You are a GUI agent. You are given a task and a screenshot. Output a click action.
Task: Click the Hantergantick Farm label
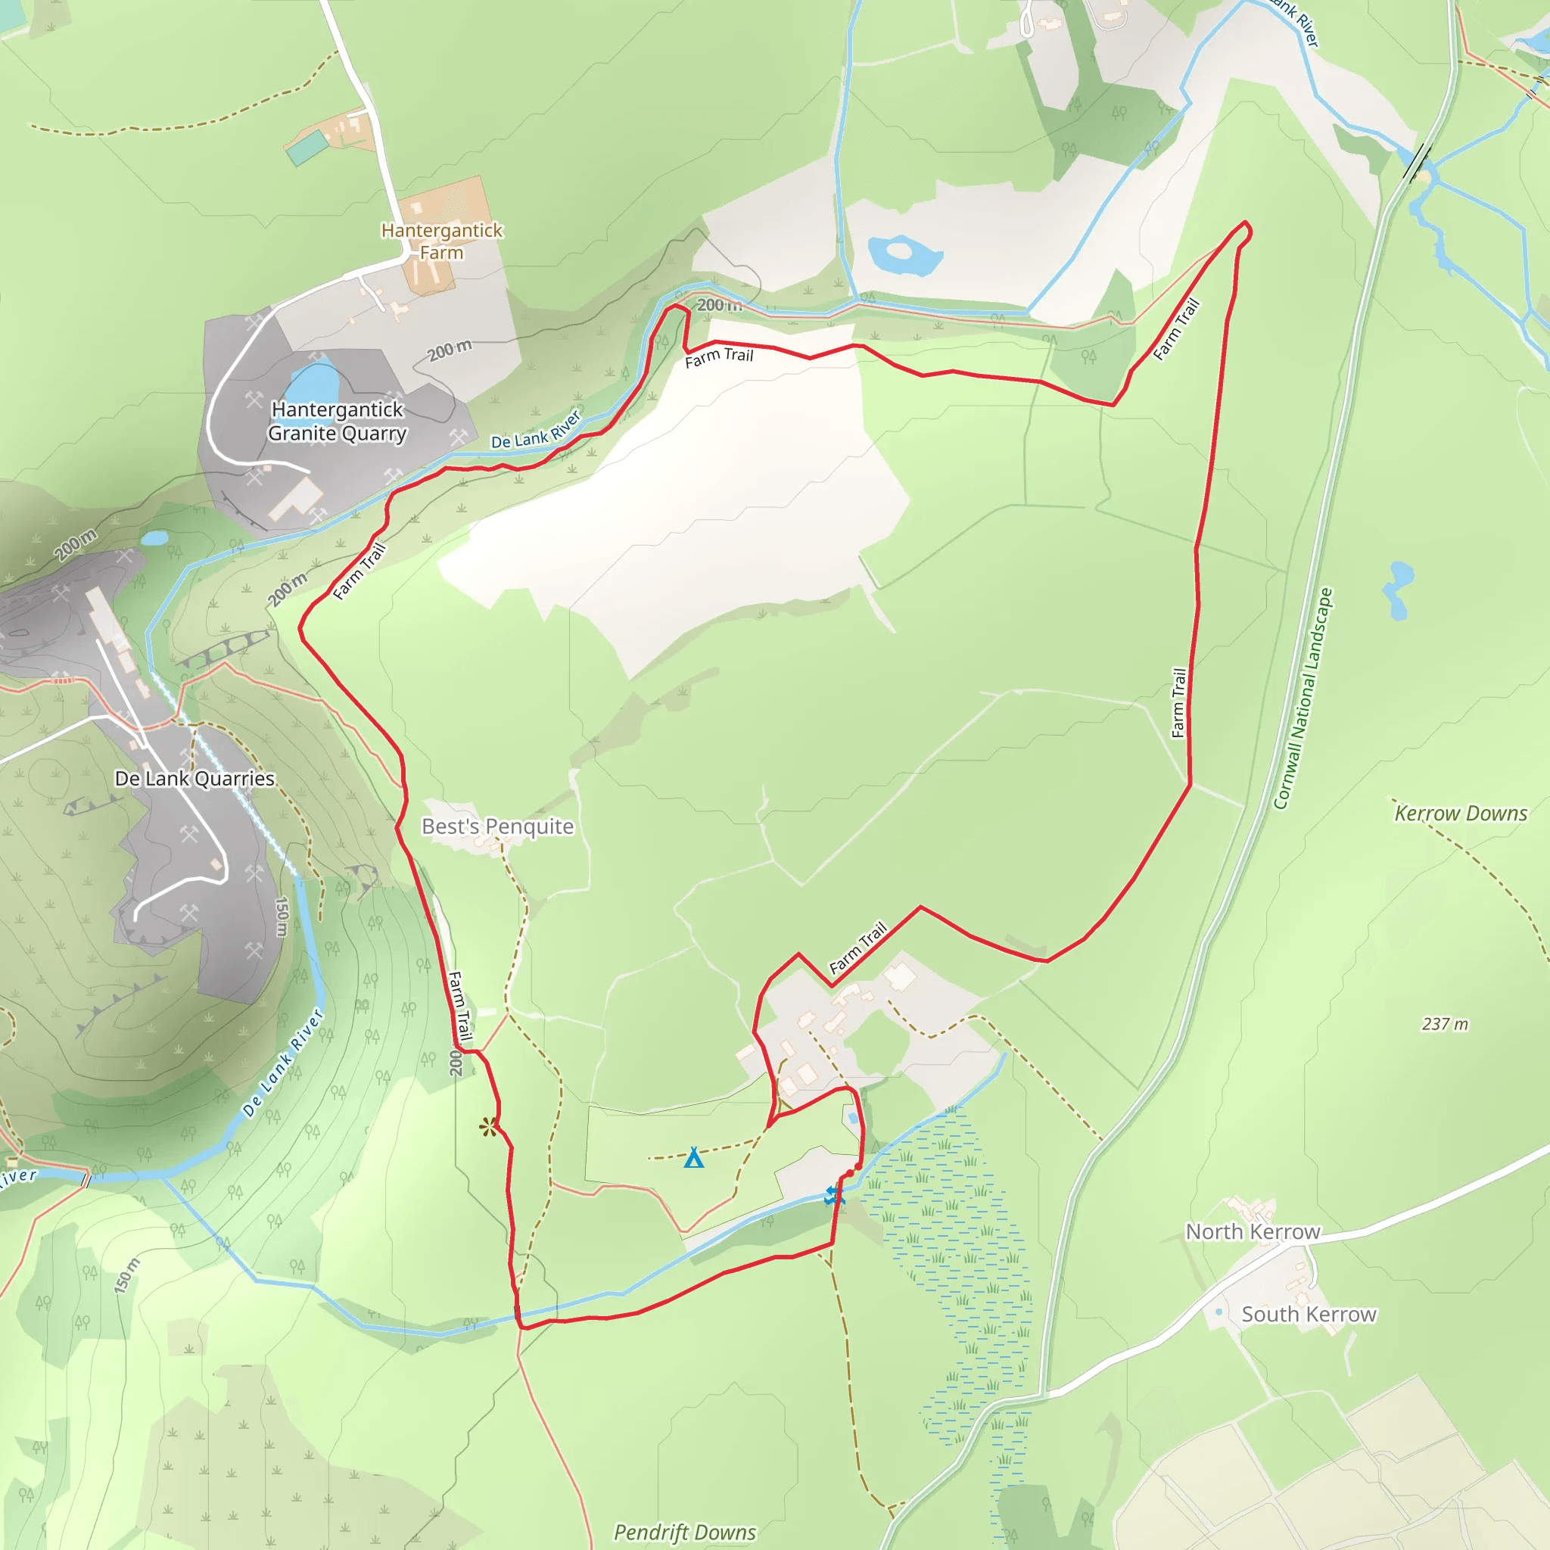441,241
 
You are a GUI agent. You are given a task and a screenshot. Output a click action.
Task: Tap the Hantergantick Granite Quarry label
337,422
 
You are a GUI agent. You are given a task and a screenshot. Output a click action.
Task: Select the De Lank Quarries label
195,778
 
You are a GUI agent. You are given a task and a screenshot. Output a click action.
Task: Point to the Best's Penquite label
497,826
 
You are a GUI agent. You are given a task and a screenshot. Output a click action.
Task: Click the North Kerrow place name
1253,1231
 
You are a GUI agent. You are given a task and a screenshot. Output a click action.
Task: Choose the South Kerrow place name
1309,1314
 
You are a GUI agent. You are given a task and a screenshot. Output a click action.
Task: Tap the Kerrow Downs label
1460,813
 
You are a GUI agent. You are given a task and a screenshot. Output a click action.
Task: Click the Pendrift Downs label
684,1533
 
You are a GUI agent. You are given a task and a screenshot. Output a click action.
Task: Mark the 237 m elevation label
1444,1024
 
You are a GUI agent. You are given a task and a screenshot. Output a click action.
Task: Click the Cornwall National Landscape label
1303,699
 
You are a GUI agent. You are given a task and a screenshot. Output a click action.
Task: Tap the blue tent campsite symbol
694,1158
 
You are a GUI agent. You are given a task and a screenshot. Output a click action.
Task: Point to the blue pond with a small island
904,254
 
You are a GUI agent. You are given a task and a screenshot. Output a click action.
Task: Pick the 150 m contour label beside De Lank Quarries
282,917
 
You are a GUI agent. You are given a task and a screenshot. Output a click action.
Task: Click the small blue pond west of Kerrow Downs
1399,589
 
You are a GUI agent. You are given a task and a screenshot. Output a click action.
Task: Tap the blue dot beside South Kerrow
1219,1312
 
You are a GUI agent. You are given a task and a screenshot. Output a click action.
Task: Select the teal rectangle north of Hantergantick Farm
307,147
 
